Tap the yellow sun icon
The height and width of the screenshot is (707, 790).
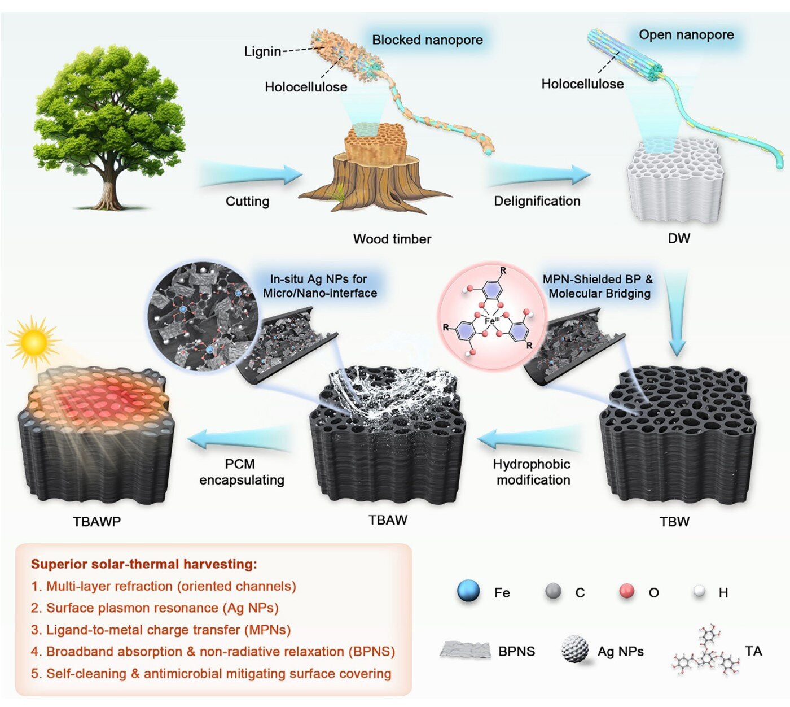pos(33,342)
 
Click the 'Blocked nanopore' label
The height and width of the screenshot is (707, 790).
pos(427,40)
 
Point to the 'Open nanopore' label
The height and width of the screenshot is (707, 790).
pos(686,35)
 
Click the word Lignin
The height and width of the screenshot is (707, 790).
pos(262,51)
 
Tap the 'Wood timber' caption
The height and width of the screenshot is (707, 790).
pos(392,239)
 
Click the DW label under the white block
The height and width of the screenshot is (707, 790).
pos(678,238)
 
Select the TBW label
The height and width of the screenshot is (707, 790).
pos(674,522)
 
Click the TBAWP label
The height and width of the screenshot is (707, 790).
pos(96,522)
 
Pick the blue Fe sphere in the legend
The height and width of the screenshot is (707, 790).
pos(468,591)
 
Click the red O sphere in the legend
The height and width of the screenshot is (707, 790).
pos(627,591)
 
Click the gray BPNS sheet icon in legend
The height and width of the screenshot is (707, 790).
pos(464,650)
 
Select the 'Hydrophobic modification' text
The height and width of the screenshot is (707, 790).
pos(532,472)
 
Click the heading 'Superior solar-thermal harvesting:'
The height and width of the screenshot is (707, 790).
pos(144,564)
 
